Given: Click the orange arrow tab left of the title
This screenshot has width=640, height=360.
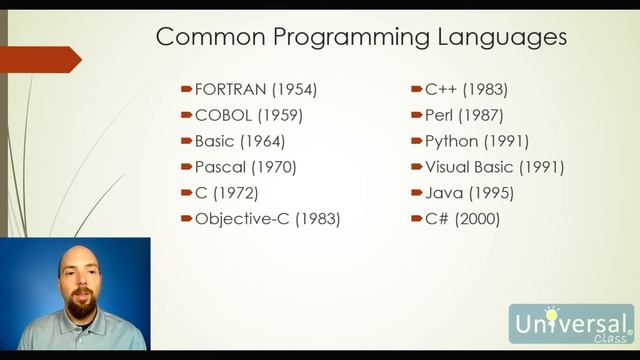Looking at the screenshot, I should [45, 59].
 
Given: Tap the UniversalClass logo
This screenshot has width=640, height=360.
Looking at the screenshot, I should [571, 325].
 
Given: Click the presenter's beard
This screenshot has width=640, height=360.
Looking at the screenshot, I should [81, 304].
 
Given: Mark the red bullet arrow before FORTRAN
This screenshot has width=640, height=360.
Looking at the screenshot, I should [186, 90].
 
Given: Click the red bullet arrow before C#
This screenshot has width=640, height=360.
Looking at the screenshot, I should [416, 219].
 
